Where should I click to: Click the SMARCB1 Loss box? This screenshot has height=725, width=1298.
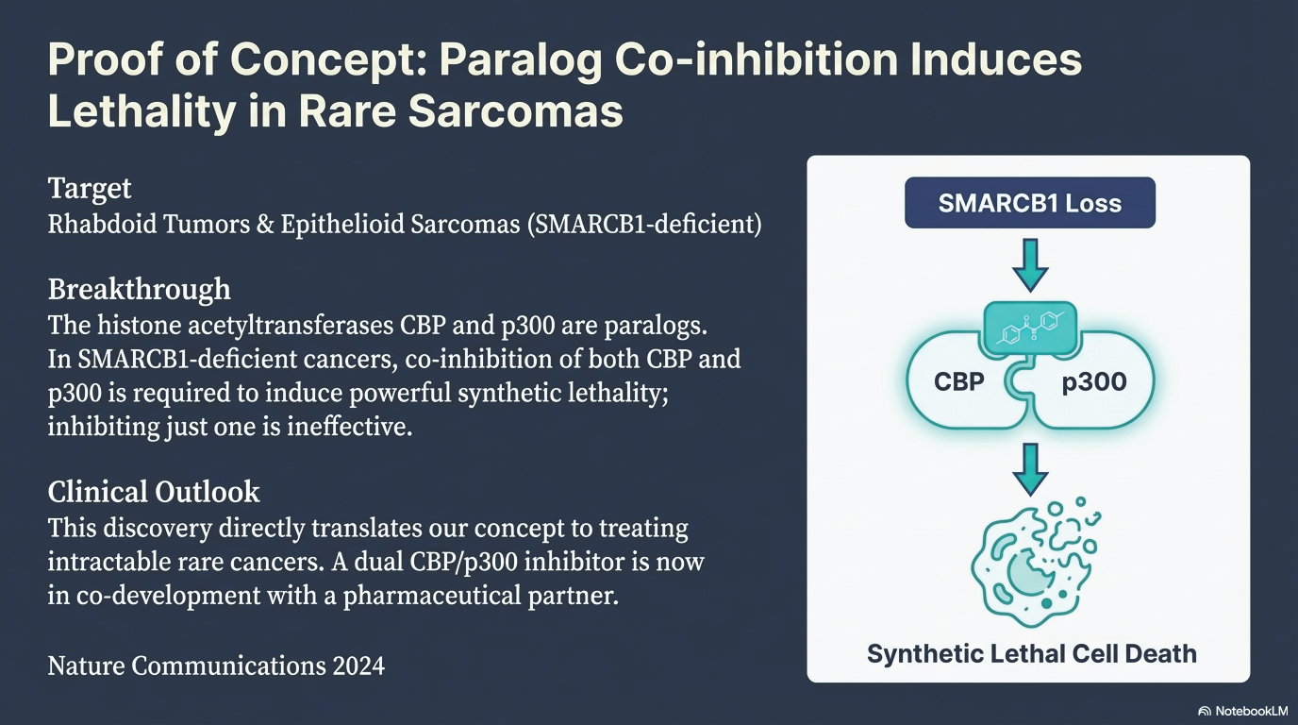coord(1030,202)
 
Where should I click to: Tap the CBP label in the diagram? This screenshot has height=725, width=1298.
coord(959,381)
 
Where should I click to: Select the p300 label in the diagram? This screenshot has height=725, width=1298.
coord(1094,382)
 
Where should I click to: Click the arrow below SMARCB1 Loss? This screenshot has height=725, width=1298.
coord(1030,265)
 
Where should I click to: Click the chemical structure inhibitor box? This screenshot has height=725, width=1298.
coord(1030,329)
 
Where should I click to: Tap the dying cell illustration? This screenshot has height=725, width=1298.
coord(1035,562)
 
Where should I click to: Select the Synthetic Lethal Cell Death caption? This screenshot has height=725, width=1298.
coord(1031,653)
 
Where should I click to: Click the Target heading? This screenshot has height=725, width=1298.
coord(90,189)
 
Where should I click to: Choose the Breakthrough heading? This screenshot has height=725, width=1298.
coord(139,288)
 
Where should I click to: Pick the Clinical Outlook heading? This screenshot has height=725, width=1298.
coord(154,491)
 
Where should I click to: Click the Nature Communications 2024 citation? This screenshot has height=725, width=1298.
coord(216,666)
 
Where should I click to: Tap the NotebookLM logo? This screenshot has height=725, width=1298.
coord(1242,711)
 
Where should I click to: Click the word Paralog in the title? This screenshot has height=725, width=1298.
coord(521,60)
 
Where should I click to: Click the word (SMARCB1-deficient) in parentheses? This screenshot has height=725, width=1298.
coord(644,225)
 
